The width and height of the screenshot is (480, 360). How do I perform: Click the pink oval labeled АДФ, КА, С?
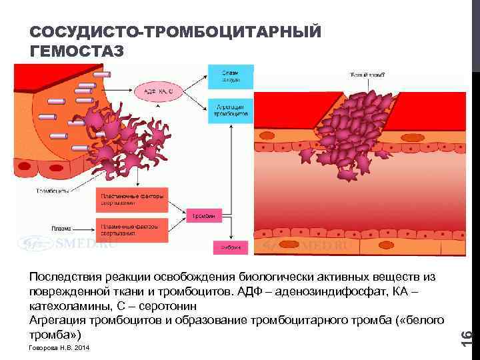157,91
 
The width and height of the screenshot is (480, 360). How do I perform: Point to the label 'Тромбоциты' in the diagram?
52,192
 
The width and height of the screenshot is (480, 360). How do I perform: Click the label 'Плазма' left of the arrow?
62,229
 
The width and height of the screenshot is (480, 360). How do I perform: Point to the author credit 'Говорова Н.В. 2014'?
58,349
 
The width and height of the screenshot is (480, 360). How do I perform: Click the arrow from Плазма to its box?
84,229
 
